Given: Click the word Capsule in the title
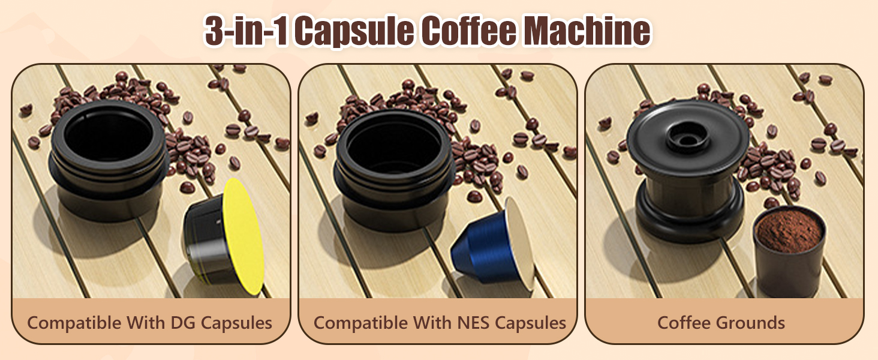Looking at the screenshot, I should click(354, 32).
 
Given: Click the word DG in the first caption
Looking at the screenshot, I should click(184, 323).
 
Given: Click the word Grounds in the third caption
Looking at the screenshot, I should click(751, 323).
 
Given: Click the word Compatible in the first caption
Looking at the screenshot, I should click(74, 323).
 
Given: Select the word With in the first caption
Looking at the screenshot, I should click(145, 323).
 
